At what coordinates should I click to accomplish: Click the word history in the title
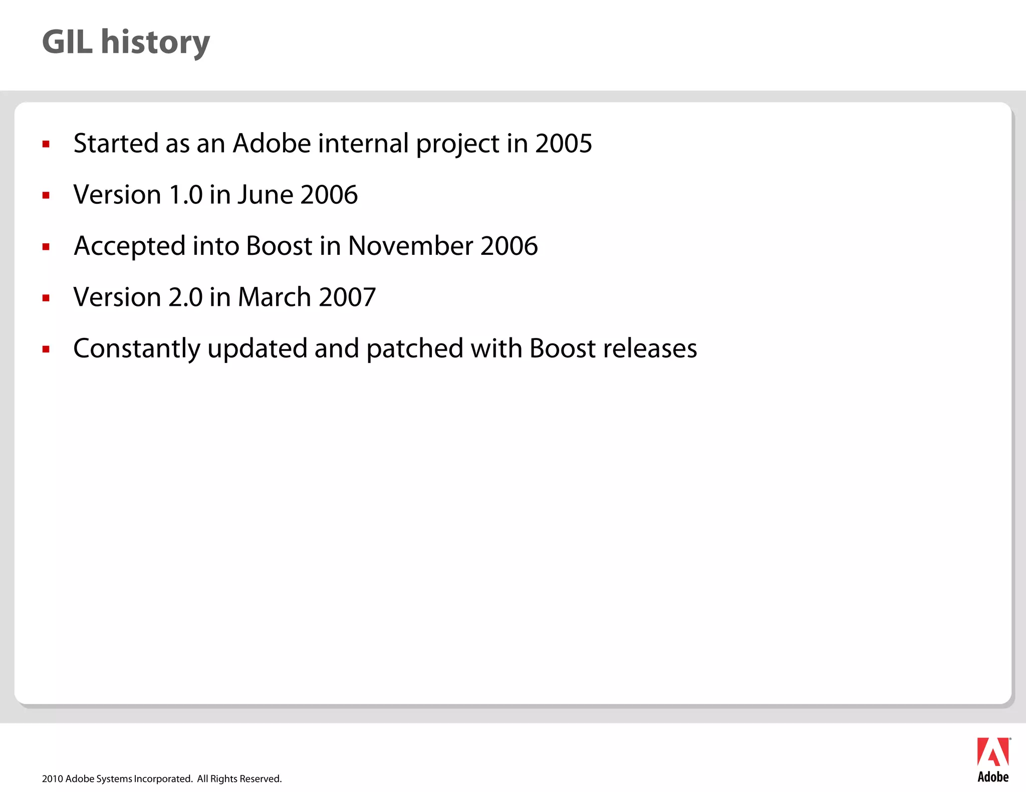(155, 43)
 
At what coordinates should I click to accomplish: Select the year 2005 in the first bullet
(564, 144)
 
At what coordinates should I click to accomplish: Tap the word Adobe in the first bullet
(272, 144)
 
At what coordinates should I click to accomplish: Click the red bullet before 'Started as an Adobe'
(46, 145)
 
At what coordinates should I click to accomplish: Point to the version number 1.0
(186, 195)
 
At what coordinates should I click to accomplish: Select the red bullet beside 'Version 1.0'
(46, 196)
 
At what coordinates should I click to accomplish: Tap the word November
(410, 246)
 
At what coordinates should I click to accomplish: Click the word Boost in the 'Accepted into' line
(279, 246)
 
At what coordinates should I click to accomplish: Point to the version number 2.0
(185, 297)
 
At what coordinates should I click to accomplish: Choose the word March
(275, 297)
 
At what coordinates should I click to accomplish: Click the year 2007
(347, 297)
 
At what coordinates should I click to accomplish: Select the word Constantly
(137, 349)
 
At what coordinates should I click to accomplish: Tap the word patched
(415, 349)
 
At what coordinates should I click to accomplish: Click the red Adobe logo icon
(993, 752)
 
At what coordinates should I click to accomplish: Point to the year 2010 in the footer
(52, 779)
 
